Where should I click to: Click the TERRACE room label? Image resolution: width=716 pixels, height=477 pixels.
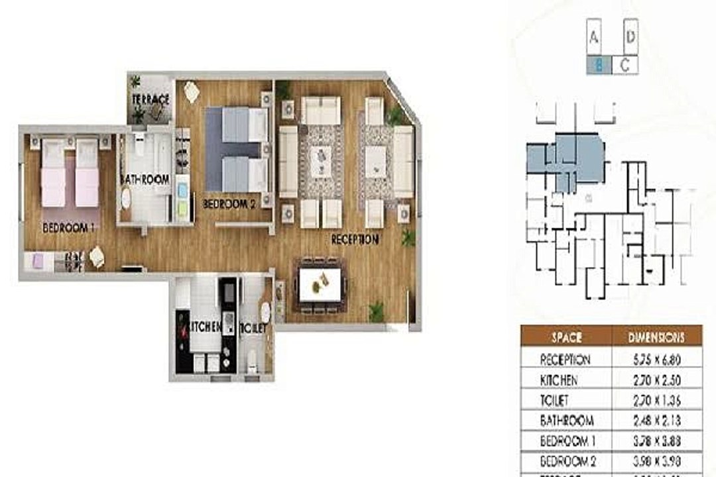(151, 99)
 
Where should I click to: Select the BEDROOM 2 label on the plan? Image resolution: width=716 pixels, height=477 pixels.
(229, 204)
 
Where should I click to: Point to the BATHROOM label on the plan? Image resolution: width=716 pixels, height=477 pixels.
(145, 180)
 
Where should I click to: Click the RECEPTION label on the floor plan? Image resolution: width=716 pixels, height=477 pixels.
(355, 239)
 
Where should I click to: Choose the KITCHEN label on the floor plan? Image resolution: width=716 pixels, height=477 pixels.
(206, 327)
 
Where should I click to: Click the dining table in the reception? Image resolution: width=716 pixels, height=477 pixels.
(321, 284)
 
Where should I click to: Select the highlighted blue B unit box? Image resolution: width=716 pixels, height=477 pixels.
(599, 65)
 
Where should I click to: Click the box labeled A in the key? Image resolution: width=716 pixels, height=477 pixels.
(593, 38)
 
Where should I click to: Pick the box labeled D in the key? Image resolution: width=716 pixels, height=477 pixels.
(630, 36)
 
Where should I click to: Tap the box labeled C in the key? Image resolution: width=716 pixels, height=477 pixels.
(625, 65)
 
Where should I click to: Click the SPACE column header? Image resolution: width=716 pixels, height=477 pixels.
(566, 337)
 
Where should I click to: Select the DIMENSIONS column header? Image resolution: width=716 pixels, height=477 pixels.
(656, 337)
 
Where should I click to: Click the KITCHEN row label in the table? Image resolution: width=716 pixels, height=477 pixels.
(559, 381)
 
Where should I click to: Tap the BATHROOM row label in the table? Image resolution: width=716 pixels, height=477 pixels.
(567, 421)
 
